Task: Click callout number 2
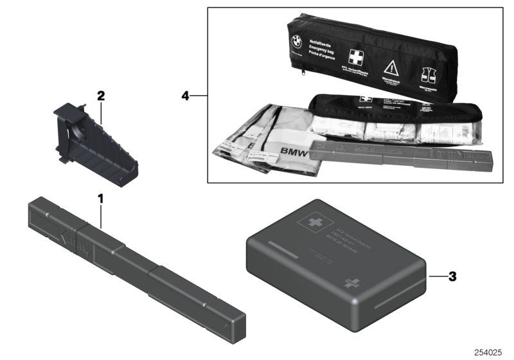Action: pos(100,96)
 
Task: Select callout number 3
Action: pos(452,277)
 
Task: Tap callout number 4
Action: pos(185,96)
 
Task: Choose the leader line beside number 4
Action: pos(200,96)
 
